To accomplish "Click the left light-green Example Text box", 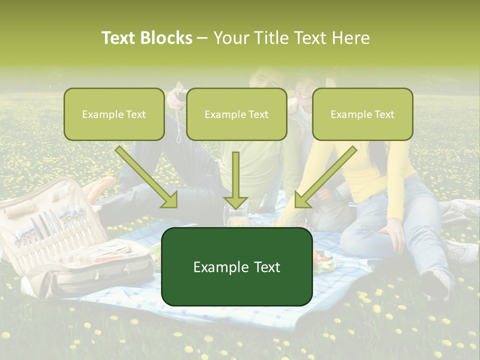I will pyautogui.click(x=114, y=114).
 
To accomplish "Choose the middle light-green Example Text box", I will pyautogui.click(x=236, y=114).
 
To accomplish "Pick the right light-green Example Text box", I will pyautogui.click(x=362, y=114).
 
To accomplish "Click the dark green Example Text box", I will pyautogui.click(x=236, y=266).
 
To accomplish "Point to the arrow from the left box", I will pyautogui.click(x=147, y=177).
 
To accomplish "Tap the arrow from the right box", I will pyautogui.click(x=325, y=177).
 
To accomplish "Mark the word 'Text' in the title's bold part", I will pyautogui.click(x=119, y=38).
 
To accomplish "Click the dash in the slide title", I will pyautogui.click(x=202, y=38).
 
